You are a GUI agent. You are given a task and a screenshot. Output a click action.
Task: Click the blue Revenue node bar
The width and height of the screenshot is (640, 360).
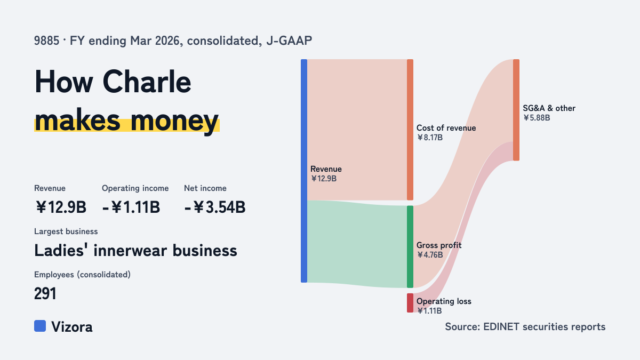[x=304, y=171]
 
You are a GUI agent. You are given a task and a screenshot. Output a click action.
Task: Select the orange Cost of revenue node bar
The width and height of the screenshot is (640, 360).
[x=410, y=130]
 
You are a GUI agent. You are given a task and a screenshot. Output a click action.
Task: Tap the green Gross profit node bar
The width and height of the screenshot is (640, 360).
[x=410, y=246]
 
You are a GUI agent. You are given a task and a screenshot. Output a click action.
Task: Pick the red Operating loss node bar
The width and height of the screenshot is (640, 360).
[x=410, y=303]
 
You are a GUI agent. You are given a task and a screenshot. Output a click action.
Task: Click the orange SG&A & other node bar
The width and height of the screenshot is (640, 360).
[x=516, y=110]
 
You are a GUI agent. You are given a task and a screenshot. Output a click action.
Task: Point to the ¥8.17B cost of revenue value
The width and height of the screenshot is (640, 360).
[x=430, y=138]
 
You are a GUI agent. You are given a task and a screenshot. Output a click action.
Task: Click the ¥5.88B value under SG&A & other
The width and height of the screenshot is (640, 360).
[x=537, y=118]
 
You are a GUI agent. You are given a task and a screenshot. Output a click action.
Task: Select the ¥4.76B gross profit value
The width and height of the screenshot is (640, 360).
[x=430, y=255]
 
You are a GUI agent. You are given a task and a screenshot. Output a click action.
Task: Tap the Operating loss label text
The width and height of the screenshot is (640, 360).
[x=444, y=301]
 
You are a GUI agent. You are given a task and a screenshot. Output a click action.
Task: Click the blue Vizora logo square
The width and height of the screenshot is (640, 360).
[x=40, y=326]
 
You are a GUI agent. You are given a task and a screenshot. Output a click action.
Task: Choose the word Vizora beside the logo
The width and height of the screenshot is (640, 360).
[x=72, y=327]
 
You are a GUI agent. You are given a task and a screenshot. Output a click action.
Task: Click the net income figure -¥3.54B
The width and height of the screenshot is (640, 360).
[x=215, y=207]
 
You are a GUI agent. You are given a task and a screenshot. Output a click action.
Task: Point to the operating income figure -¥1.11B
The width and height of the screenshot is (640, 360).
[x=131, y=207]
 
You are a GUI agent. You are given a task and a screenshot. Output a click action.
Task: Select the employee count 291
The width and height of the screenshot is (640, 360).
[x=45, y=293]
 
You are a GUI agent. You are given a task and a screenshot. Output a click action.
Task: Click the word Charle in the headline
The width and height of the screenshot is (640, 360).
[x=147, y=82]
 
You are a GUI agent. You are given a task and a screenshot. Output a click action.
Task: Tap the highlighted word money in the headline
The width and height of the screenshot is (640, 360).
[x=174, y=121]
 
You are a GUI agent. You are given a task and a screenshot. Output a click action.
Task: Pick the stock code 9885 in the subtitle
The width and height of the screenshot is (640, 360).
[x=46, y=41]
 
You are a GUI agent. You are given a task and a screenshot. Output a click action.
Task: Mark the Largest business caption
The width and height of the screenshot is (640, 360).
[x=66, y=231]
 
